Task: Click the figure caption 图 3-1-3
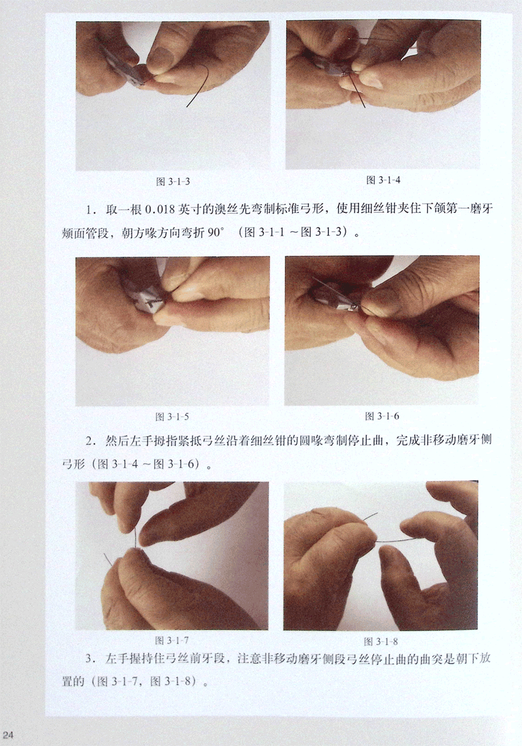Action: pos(173,182)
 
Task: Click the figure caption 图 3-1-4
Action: pos(383,180)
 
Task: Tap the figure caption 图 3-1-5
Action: pos(172,417)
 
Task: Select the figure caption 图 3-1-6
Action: pos(382,416)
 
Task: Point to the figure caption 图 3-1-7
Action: pos(172,641)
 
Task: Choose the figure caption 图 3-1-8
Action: pos(381,641)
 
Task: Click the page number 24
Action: pos(8,735)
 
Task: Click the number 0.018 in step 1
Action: pos(160,210)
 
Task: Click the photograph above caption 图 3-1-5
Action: pos(173,331)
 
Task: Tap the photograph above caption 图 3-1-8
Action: pos(381,555)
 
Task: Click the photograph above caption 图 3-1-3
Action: pos(173,96)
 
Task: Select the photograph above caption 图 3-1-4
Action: pos(383,94)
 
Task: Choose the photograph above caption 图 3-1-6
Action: pos(382,330)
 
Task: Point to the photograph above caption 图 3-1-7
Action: pos(172,555)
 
